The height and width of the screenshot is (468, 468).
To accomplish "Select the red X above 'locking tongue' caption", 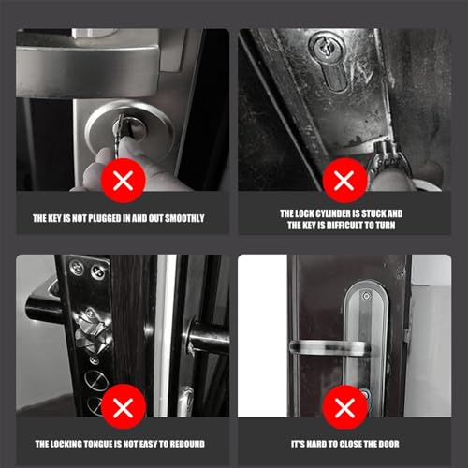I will point(122,406).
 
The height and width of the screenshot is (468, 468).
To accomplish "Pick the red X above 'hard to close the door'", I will point(343,406).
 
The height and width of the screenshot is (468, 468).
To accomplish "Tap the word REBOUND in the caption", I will point(190,445).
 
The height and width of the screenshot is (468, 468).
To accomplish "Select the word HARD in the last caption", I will point(313,445).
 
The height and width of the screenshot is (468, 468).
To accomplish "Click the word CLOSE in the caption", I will point(344,445).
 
